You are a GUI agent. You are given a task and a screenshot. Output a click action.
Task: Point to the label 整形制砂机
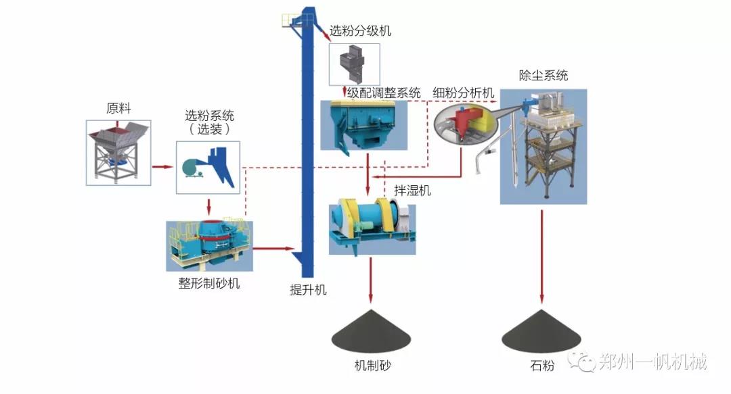click(x=204, y=283)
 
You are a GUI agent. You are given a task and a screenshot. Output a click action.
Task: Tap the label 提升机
click(x=308, y=290)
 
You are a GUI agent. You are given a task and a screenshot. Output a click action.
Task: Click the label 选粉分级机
click(x=360, y=31)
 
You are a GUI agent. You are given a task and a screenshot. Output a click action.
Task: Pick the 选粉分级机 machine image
click(x=354, y=64)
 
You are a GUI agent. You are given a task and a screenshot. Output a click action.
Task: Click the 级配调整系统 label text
click(x=384, y=93)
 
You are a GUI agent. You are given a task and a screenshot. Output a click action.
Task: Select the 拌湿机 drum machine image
click(x=372, y=226)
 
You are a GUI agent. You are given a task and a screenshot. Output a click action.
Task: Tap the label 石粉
click(x=543, y=366)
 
